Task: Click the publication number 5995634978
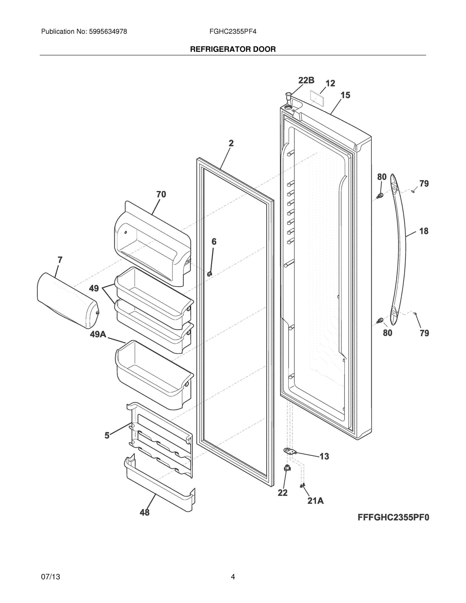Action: point(108,32)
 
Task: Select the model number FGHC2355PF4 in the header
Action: point(233,32)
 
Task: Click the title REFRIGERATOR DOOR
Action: point(233,49)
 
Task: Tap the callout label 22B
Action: point(306,80)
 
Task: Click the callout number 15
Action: point(345,95)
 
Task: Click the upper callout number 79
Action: point(424,184)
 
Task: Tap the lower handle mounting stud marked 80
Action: point(380,320)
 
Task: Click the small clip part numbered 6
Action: point(210,274)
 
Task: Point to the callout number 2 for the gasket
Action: point(231,143)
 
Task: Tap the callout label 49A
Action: point(98,335)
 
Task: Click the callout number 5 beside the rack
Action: point(107,436)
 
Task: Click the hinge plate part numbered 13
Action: point(290,451)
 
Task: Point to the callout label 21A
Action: point(315,500)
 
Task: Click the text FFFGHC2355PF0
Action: point(393,517)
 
